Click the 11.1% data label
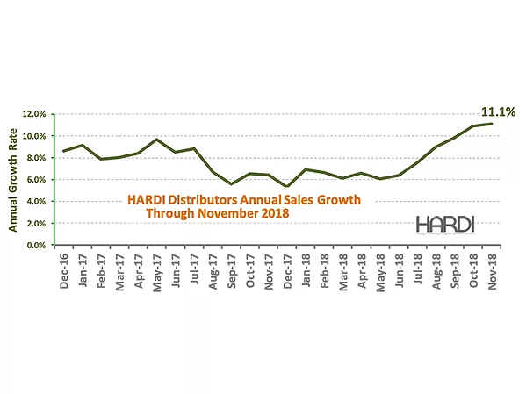[x=498, y=111]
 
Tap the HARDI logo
[x=445, y=223]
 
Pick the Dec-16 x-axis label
[x=64, y=273]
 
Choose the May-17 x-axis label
[x=156, y=273]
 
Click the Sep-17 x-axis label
[x=230, y=273]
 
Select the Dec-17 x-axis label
[x=285, y=273]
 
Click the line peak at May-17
[x=155, y=140]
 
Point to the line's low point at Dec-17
[x=285, y=187]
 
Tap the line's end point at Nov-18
[x=490, y=124]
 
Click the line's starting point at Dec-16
[x=63, y=151]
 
